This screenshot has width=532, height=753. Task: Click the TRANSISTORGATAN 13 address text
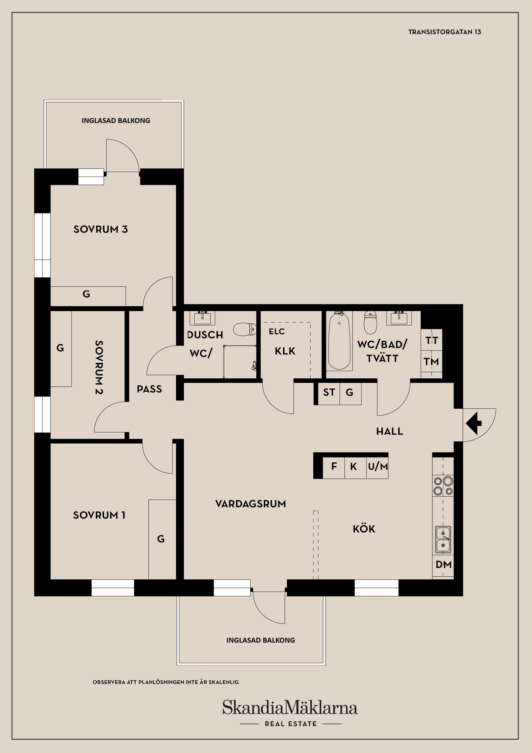[x=444, y=32]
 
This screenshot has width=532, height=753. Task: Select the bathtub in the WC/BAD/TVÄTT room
[x=340, y=341]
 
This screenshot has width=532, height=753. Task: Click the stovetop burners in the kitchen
[x=443, y=486]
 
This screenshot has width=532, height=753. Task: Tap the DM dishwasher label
[x=444, y=564]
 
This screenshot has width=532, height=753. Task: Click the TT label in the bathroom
[x=432, y=341]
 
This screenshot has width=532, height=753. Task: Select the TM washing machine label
[x=431, y=362]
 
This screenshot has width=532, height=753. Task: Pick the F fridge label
[x=334, y=466]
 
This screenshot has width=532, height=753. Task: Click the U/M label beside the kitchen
[x=378, y=466]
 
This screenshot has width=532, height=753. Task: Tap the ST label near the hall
[x=329, y=392]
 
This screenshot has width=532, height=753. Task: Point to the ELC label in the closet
[x=277, y=332]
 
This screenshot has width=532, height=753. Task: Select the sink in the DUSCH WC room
[x=203, y=317]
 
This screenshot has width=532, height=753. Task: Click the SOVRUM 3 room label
[x=101, y=229]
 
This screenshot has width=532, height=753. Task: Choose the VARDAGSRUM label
[x=251, y=504]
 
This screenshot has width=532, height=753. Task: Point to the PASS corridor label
[x=149, y=389]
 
